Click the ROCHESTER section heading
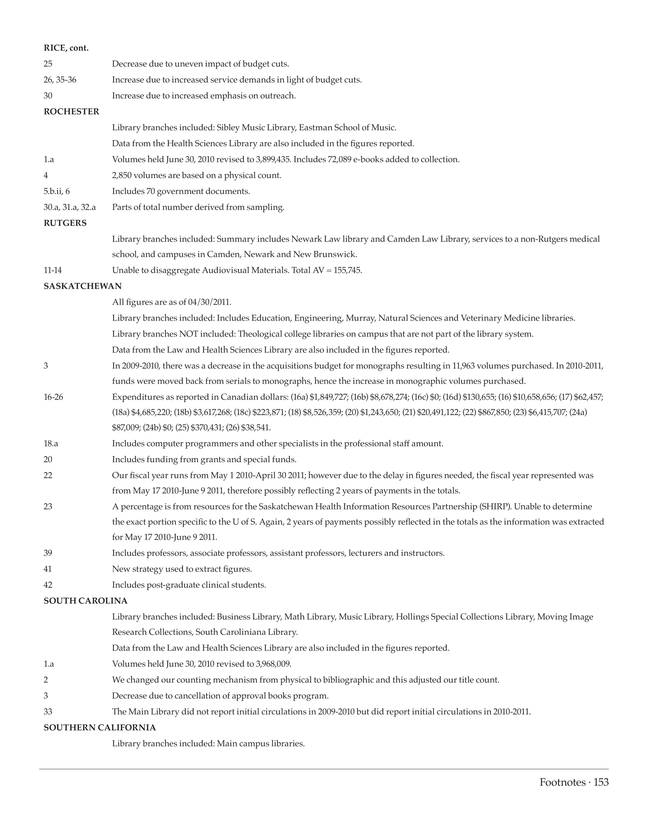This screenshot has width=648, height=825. (x=71, y=112)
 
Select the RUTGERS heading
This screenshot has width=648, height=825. (x=65, y=223)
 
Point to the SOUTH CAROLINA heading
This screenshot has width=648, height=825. (x=85, y=601)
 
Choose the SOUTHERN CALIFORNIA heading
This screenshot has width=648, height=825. (x=99, y=727)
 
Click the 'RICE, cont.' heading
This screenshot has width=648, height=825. (x=66, y=48)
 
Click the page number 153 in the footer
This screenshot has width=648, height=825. (x=601, y=782)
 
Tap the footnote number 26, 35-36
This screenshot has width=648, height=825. (x=60, y=80)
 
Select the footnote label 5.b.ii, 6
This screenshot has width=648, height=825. (x=56, y=191)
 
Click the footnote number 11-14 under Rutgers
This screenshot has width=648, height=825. (x=53, y=270)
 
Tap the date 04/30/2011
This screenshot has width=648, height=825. (x=209, y=302)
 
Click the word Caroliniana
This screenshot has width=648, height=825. (x=245, y=632)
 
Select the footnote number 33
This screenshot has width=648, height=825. (x=48, y=712)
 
